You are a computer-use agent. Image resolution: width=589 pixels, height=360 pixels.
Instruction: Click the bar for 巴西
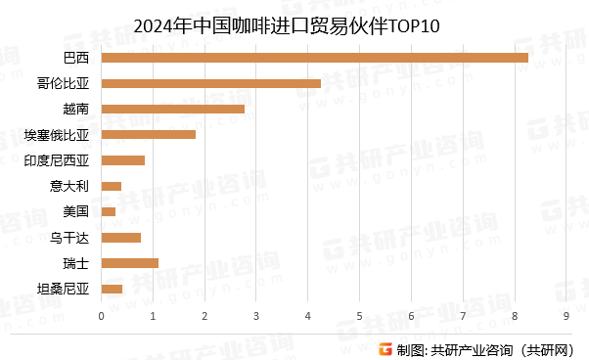(x=314, y=58)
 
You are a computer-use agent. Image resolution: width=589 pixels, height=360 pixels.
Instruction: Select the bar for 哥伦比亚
(x=210, y=83)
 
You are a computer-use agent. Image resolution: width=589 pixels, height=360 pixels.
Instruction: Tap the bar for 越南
(x=172, y=109)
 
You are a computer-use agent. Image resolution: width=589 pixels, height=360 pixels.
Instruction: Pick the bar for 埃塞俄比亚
(x=148, y=134)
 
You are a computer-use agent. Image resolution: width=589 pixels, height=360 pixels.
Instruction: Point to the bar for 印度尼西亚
(x=122, y=159)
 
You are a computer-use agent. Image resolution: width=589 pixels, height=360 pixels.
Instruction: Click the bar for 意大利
(x=111, y=186)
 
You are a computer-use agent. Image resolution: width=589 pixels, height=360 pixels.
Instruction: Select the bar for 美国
(x=108, y=211)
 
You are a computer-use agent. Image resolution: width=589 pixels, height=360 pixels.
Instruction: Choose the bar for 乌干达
(x=120, y=237)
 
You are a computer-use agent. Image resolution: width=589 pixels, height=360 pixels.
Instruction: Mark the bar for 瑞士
(x=129, y=262)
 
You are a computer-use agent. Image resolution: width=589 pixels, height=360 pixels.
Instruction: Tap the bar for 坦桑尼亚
(x=112, y=288)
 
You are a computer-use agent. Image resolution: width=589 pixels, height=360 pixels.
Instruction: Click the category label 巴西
(x=75, y=58)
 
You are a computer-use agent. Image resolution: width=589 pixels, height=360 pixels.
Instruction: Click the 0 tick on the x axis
(x=101, y=315)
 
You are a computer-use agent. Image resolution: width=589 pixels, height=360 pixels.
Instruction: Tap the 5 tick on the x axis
(x=359, y=315)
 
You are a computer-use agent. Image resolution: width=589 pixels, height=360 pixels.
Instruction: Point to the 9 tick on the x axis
(x=566, y=315)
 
